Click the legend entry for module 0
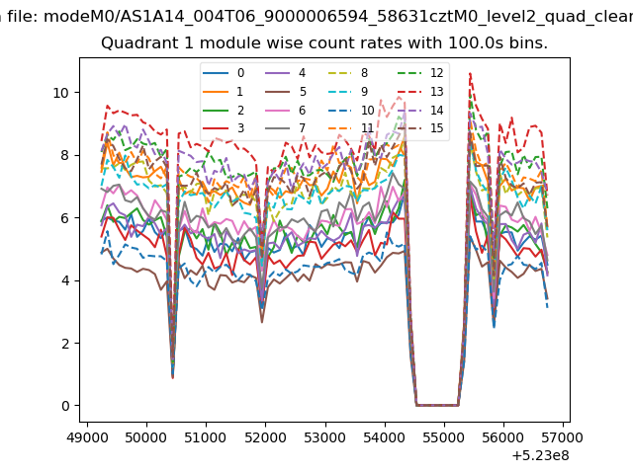pyautogui.click(x=224, y=73)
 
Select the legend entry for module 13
pyautogui.click(x=420, y=92)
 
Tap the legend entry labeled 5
pyautogui.click(x=286, y=92)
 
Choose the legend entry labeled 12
pyautogui.click(x=420, y=73)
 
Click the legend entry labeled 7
pyautogui.click(x=286, y=128)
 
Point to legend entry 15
pyautogui.click(x=420, y=128)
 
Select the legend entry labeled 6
pyautogui.click(x=286, y=110)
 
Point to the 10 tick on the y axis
pyautogui.click(x=60, y=93)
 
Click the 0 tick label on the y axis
pyautogui.click(x=65, y=406)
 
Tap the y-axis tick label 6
pyautogui.click(x=65, y=218)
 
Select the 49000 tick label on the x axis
pyautogui.click(x=87, y=437)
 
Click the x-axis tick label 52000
pyautogui.click(x=266, y=437)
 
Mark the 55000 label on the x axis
pyautogui.click(x=444, y=437)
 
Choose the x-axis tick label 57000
pyautogui.click(x=563, y=437)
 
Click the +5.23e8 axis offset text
pyautogui.click(x=541, y=455)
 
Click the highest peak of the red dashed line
pyautogui.click(x=470, y=73)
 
